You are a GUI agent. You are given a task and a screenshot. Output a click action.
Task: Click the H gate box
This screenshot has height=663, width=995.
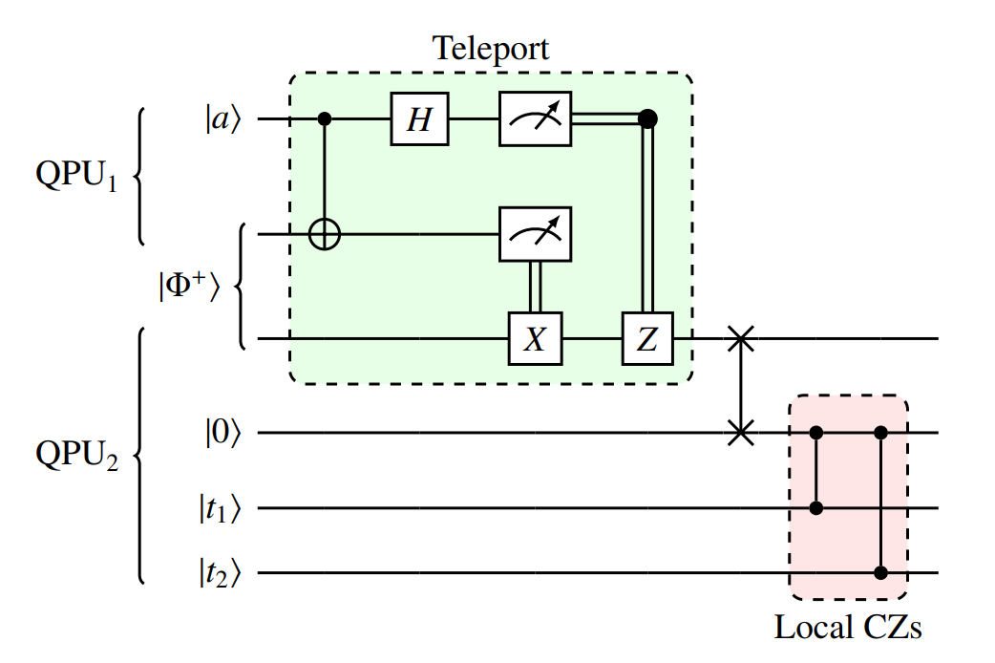pyautogui.click(x=419, y=120)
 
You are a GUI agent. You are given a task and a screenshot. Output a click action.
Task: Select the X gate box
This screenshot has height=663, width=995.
pyautogui.click(x=536, y=339)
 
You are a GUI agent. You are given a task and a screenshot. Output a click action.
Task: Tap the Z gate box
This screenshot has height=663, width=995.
pyautogui.click(x=647, y=339)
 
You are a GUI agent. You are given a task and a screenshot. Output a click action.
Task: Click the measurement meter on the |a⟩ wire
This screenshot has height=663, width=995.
pyautogui.click(x=536, y=120)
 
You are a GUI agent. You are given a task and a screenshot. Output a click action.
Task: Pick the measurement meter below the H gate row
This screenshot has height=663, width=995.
pyautogui.click(x=536, y=233)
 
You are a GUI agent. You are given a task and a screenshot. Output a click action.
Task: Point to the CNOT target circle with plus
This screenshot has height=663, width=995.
pyautogui.click(x=326, y=233)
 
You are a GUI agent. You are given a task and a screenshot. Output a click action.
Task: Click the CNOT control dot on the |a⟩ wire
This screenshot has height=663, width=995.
pyautogui.click(x=326, y=120)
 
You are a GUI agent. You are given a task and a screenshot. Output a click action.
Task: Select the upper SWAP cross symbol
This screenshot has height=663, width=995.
pyautogui.click(x=740, y=339)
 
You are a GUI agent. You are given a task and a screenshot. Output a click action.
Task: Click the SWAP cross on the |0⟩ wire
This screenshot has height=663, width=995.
pyautogui.click(x=740, y=433)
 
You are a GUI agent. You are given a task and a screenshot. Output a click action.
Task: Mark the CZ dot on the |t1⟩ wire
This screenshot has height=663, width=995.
pyautogui.click(x=815, y=507)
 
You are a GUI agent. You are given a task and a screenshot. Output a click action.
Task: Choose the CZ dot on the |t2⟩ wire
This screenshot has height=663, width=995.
pyautogui.click(x=880, y=573)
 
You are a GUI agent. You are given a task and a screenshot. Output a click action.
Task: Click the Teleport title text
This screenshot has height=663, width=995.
pyautogui.click(x=491, y=48)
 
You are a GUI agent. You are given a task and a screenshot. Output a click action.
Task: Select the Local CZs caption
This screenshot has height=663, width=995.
pyautogui.click(x=848, y=628)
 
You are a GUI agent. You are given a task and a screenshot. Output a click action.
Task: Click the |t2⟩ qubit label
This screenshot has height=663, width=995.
pyautogui.click(x=217, y=574)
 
